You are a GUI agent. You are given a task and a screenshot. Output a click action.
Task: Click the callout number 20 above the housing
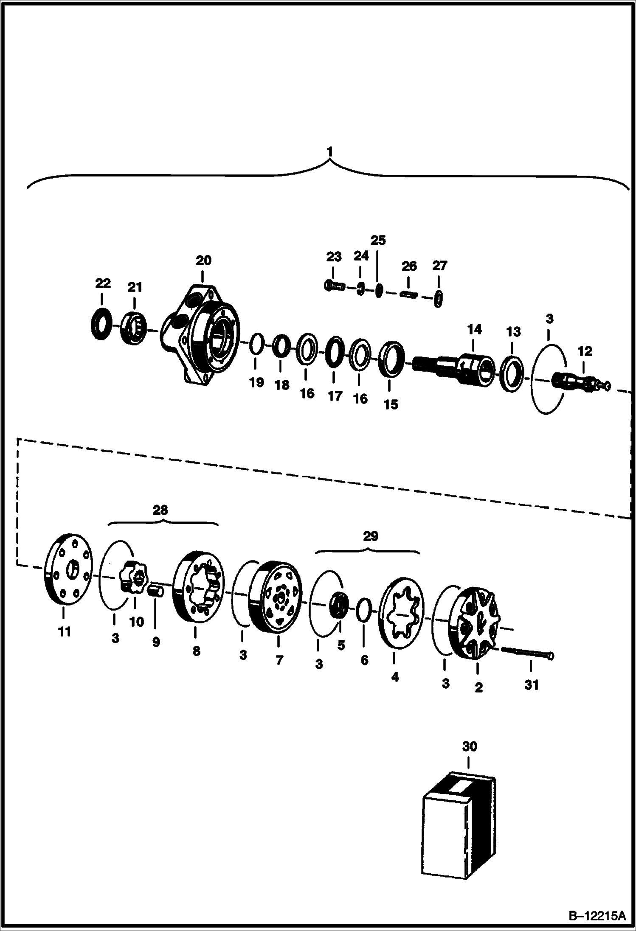203,260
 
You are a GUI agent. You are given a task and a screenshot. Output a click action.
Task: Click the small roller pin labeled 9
155,591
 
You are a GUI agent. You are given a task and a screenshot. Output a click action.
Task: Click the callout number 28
160,510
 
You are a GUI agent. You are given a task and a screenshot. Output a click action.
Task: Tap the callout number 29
371,536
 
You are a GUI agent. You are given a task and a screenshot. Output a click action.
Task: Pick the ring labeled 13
512,369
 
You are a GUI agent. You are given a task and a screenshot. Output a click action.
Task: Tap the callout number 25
378,241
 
